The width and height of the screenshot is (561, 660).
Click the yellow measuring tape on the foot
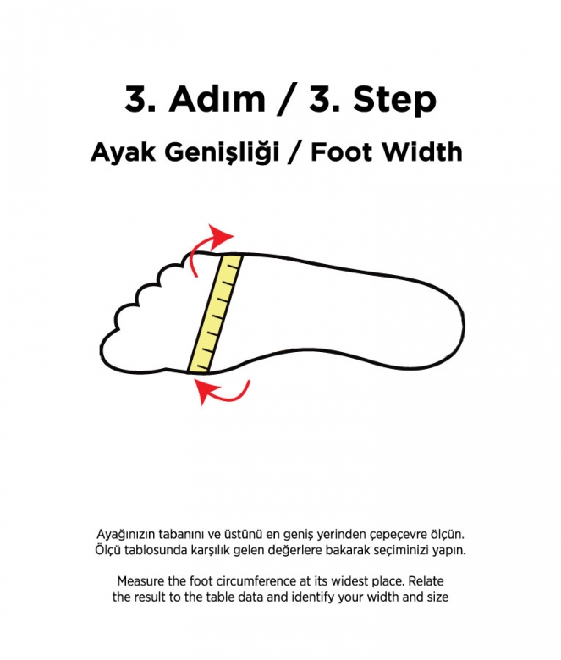(x=216, y=313)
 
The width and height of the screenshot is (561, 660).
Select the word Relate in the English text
(x=424, y=583)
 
